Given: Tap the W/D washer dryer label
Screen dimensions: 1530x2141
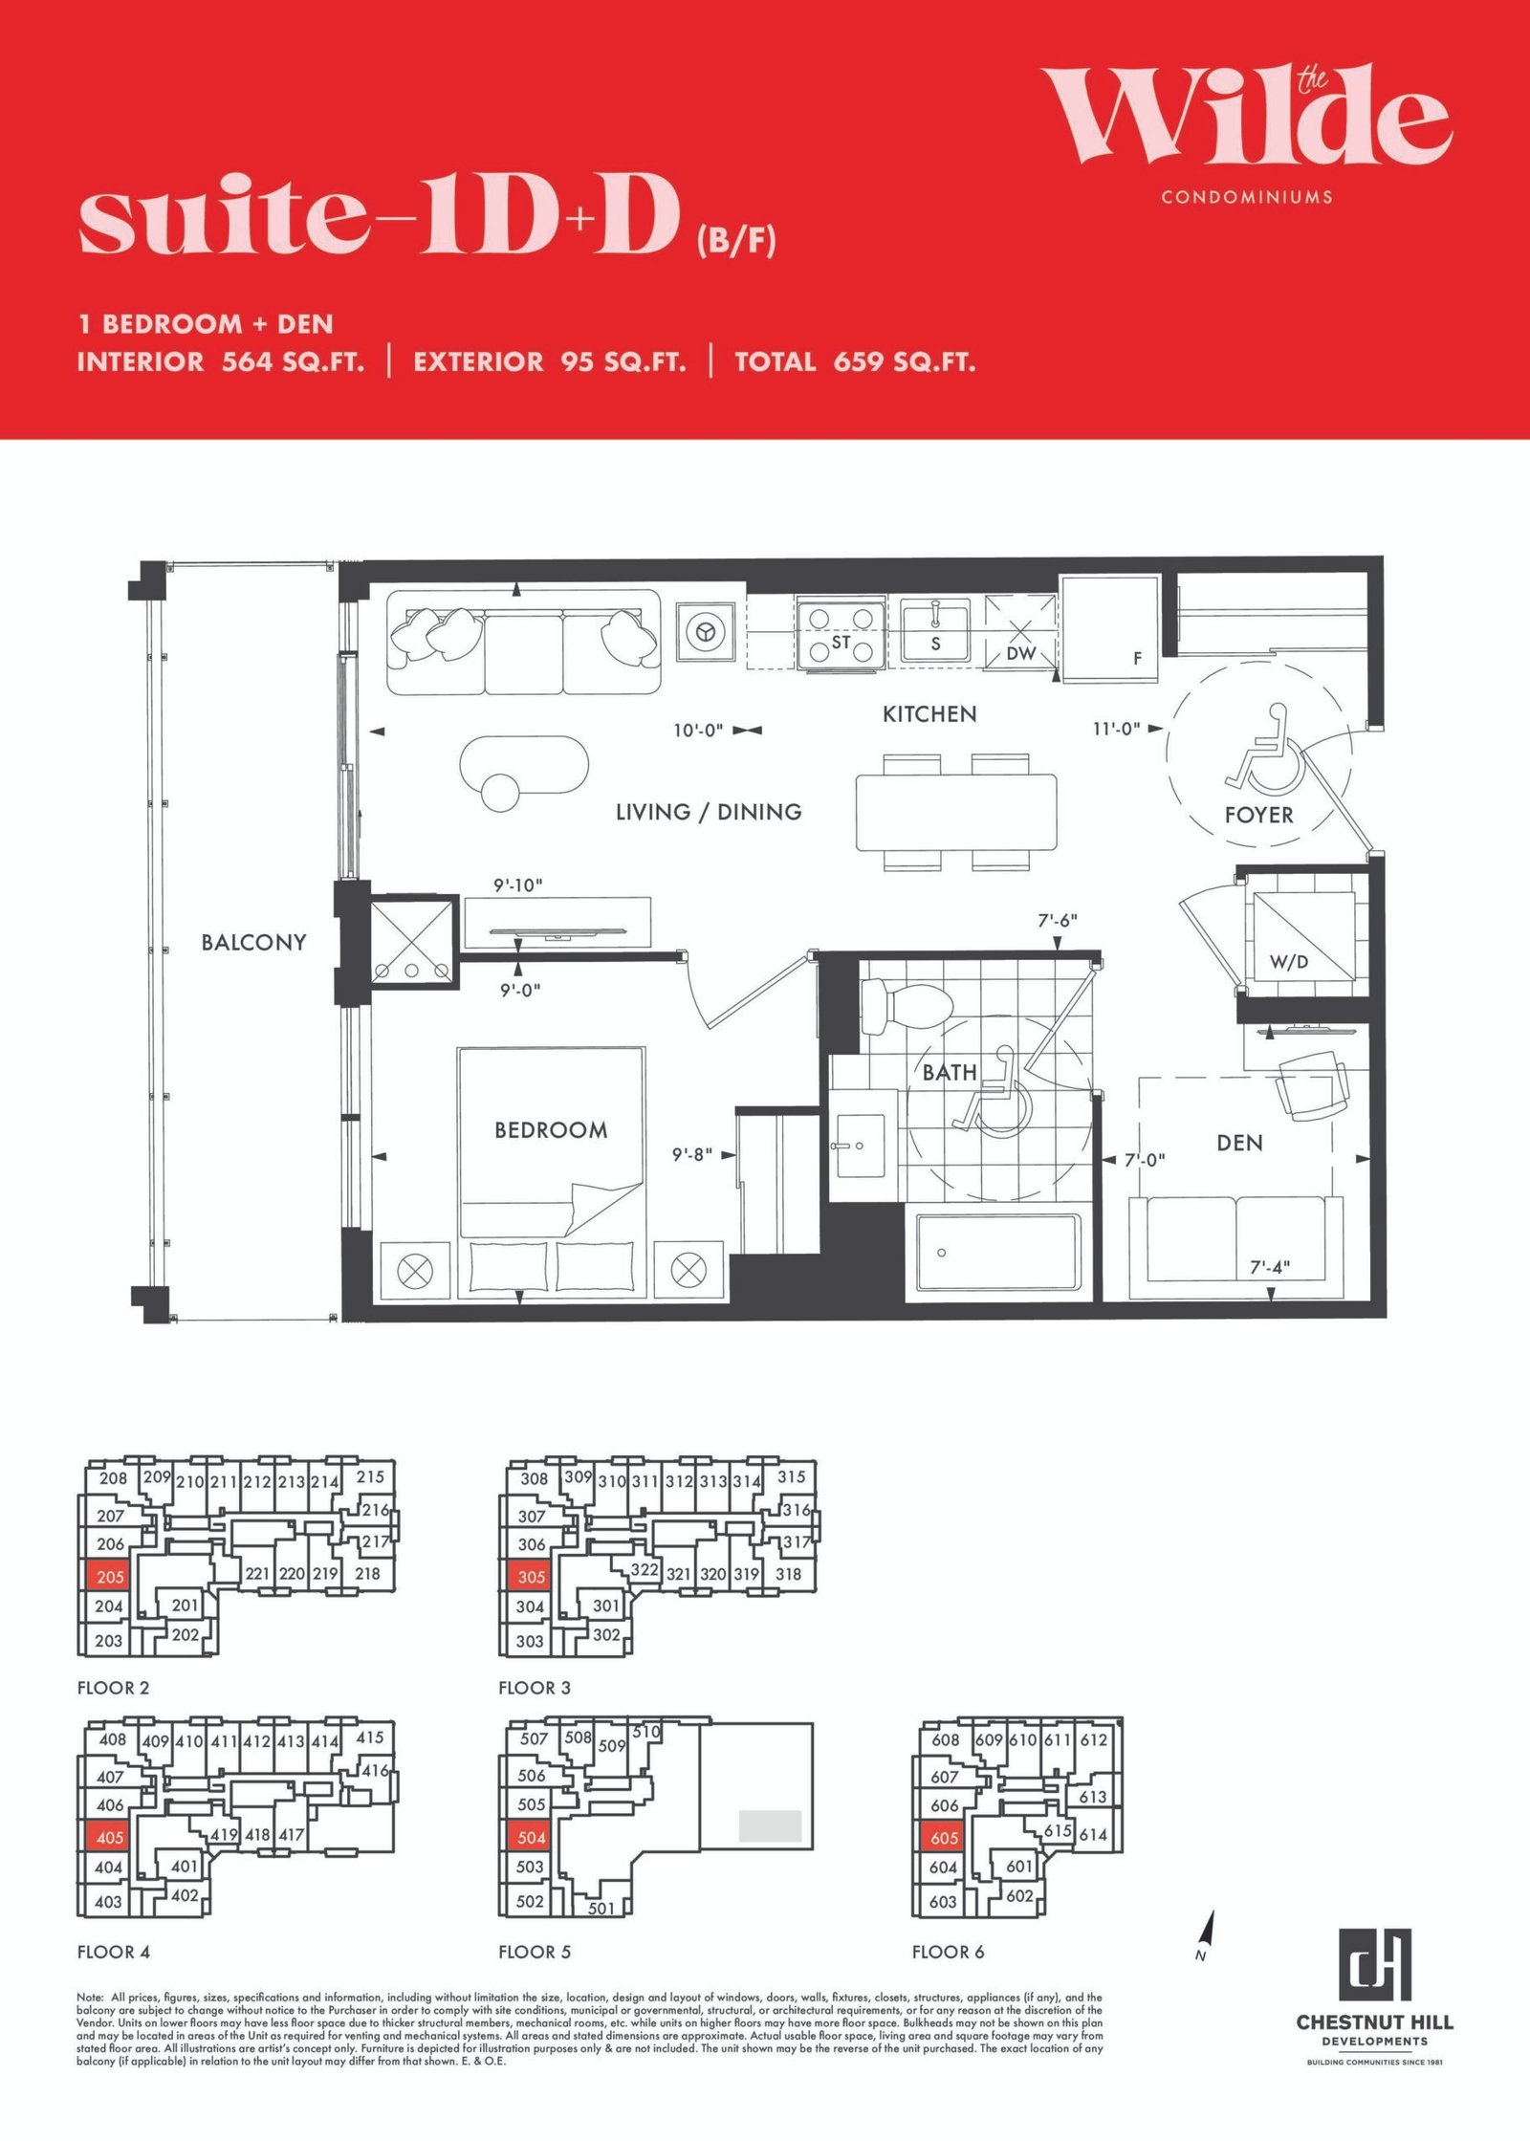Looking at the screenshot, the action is coord(1289,962).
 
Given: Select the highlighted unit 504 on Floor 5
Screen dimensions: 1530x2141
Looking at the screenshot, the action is coord(531,1837).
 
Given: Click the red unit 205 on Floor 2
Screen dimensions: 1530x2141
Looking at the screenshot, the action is coord(110,1577).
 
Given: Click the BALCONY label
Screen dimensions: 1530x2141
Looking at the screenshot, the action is coord(253,943).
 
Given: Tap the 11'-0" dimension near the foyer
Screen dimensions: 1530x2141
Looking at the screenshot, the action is coord(1116,729).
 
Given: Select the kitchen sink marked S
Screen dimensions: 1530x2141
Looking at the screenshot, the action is coord(936,632).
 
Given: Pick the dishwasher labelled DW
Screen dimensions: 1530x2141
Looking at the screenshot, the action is coord(1021,632).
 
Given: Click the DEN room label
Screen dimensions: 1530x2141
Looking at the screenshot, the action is coord(1239,1143).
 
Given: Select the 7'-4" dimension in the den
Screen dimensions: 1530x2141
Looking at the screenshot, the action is coord(1270,1267).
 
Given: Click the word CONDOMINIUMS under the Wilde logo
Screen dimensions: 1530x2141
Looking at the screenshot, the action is coord(1247,197).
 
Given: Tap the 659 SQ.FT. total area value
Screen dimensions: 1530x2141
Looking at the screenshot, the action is coord(905,361).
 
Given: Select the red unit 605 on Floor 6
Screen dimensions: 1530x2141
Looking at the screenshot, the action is coord(944,1838).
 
